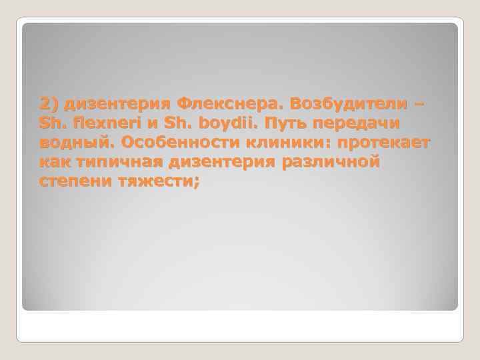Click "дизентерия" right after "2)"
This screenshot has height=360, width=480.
point(117,105)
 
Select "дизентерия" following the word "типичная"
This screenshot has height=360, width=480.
point(218,162)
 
